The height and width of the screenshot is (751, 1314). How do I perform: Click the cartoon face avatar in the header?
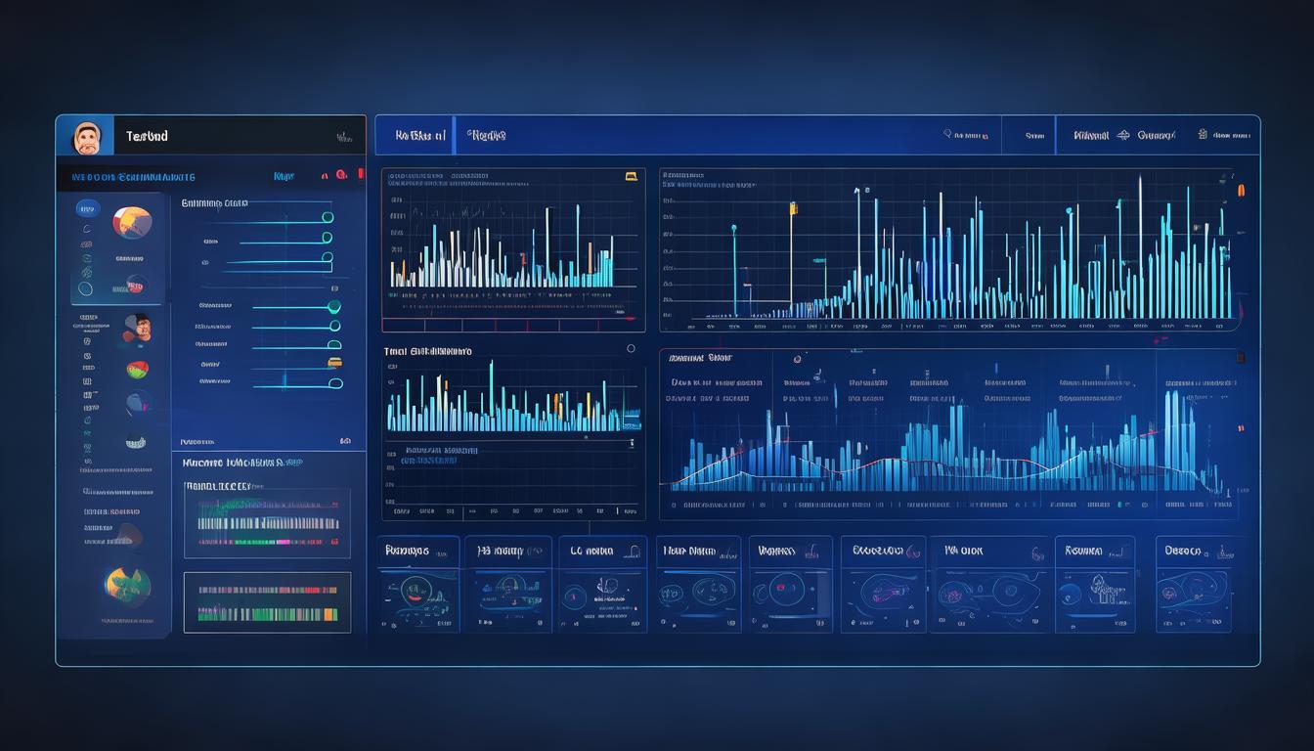pyautogui.click(x=86, y=138)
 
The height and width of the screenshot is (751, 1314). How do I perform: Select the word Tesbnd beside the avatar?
pyautogui.click(x=147, y=137)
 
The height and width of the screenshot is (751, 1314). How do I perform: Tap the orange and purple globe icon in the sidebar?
pyautogui.click(x=132, y=222)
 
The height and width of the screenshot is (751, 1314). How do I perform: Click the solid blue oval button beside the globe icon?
pyautogui.click(x=87, y=208)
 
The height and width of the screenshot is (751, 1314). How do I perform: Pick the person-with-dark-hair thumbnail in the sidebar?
pyautogui.click(x=139, y=329)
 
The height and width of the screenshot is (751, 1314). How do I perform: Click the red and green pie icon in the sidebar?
pyautogui.click(x=137, y=370)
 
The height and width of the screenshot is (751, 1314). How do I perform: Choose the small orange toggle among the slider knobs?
pyautogui.click(x=334, y=362)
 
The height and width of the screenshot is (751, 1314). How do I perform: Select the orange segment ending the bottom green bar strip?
pyautogui.click(x=331, y=615)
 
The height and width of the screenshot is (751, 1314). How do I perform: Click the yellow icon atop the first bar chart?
pyautogui.click(x=631, y=177)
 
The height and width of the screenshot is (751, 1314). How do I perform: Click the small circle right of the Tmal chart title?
pyautogui.click(x=631, y=348)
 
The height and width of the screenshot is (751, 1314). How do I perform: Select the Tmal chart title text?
pyautogui.click(x=427, y=350)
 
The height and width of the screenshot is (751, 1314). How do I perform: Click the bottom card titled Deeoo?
pyautogui.click(x=1193, y=584)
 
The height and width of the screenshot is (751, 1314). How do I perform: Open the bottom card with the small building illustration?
pyautogui.click(x=1094, y=584)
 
